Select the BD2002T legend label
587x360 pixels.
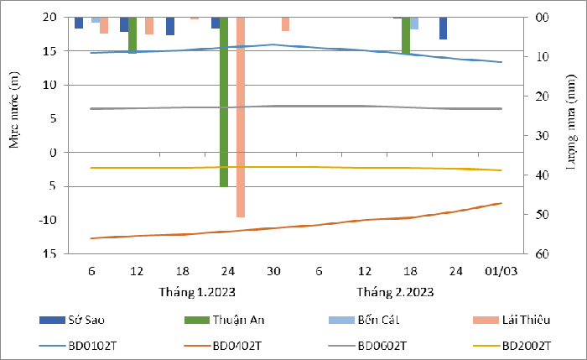click(x=526, y=344)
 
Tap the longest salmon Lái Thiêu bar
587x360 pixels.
click(x=241, y=117)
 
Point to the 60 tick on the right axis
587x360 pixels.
click(x=542, y=253)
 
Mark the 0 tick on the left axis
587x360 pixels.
click(x=54, y=152)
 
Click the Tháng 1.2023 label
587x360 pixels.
click(x=197, y=292)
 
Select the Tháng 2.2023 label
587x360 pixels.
click(x=393, y=292)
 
